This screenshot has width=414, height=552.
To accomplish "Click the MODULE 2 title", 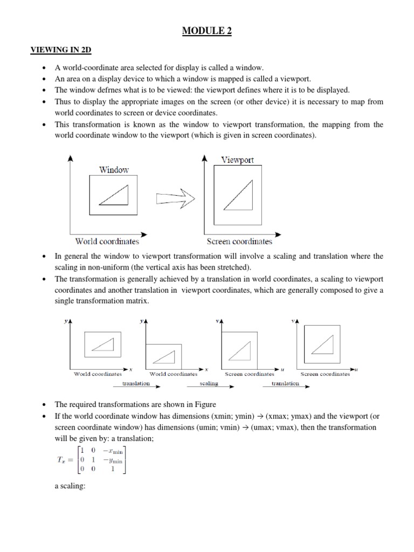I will tap(207, 32).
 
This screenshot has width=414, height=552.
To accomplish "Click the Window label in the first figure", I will tap(114, 170).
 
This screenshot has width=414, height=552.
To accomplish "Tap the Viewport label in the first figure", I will tap(238, 160).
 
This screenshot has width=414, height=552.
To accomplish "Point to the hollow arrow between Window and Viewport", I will tap(175, 198).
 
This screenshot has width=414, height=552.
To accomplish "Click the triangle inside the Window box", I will tap(115, 195).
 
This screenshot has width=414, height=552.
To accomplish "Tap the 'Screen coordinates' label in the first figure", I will tap(239, 241).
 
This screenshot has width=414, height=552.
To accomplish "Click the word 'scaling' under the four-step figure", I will tap(209, 383).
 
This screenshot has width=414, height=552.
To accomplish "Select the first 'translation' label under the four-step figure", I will tap(136, 383).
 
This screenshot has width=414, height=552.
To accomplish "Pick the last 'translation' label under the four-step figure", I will tap(285, 383).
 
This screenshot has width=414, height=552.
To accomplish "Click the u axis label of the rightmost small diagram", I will tap(356, 369).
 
